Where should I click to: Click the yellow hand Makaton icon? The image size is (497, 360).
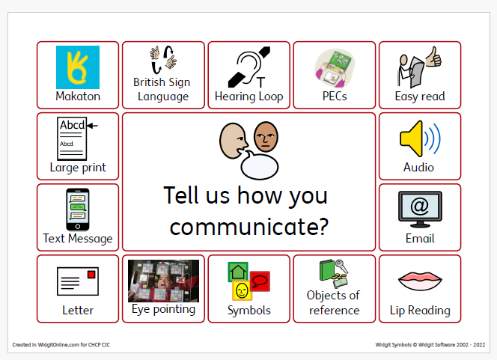78,67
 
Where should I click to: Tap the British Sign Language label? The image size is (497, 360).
162,89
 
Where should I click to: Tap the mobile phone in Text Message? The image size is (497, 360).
77,209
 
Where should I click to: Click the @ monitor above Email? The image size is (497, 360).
419,209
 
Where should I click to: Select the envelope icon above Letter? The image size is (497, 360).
78,281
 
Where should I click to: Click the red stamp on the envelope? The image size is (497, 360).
91,274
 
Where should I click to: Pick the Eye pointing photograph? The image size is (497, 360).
163,280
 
